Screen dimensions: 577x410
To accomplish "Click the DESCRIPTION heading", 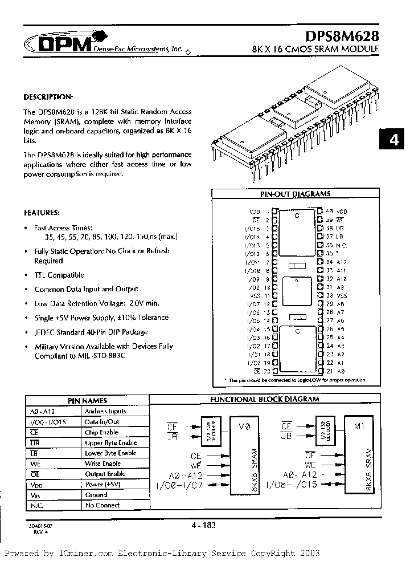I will [48, 96].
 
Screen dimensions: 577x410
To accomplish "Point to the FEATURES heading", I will [42, 212].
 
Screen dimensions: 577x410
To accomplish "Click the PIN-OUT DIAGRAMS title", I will [295, 194].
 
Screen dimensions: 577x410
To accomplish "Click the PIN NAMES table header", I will [87, 400].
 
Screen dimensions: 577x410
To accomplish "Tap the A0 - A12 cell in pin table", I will [40, 411].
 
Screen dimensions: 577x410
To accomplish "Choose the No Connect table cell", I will [102, 505].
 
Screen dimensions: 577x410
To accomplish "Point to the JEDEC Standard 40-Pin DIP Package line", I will [91, 332].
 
